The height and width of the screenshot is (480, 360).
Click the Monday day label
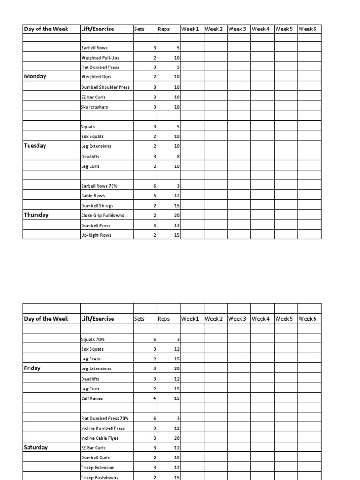point(35,76)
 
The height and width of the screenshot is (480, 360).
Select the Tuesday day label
point(35,146)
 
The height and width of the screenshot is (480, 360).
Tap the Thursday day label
point(36,215)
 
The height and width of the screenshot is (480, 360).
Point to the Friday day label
point(32,368)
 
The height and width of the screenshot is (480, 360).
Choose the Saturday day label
point(36,448)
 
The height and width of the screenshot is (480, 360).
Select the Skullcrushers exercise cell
point(95,107)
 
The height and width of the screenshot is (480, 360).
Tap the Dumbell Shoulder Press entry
point(105,87)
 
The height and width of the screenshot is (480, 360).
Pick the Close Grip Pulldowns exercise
point(102,216)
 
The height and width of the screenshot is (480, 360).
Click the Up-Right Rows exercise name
point(96,235)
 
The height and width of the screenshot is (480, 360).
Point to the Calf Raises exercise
point(92,398)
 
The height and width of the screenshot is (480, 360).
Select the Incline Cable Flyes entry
point(100,438)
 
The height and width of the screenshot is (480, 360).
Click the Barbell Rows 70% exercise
point(99,186)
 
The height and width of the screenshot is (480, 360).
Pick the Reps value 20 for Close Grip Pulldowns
point(177,216)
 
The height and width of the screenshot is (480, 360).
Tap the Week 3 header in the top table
point(237,29)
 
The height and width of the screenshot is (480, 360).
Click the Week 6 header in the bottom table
point(307,319)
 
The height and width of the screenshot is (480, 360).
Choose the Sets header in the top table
point(139,29)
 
